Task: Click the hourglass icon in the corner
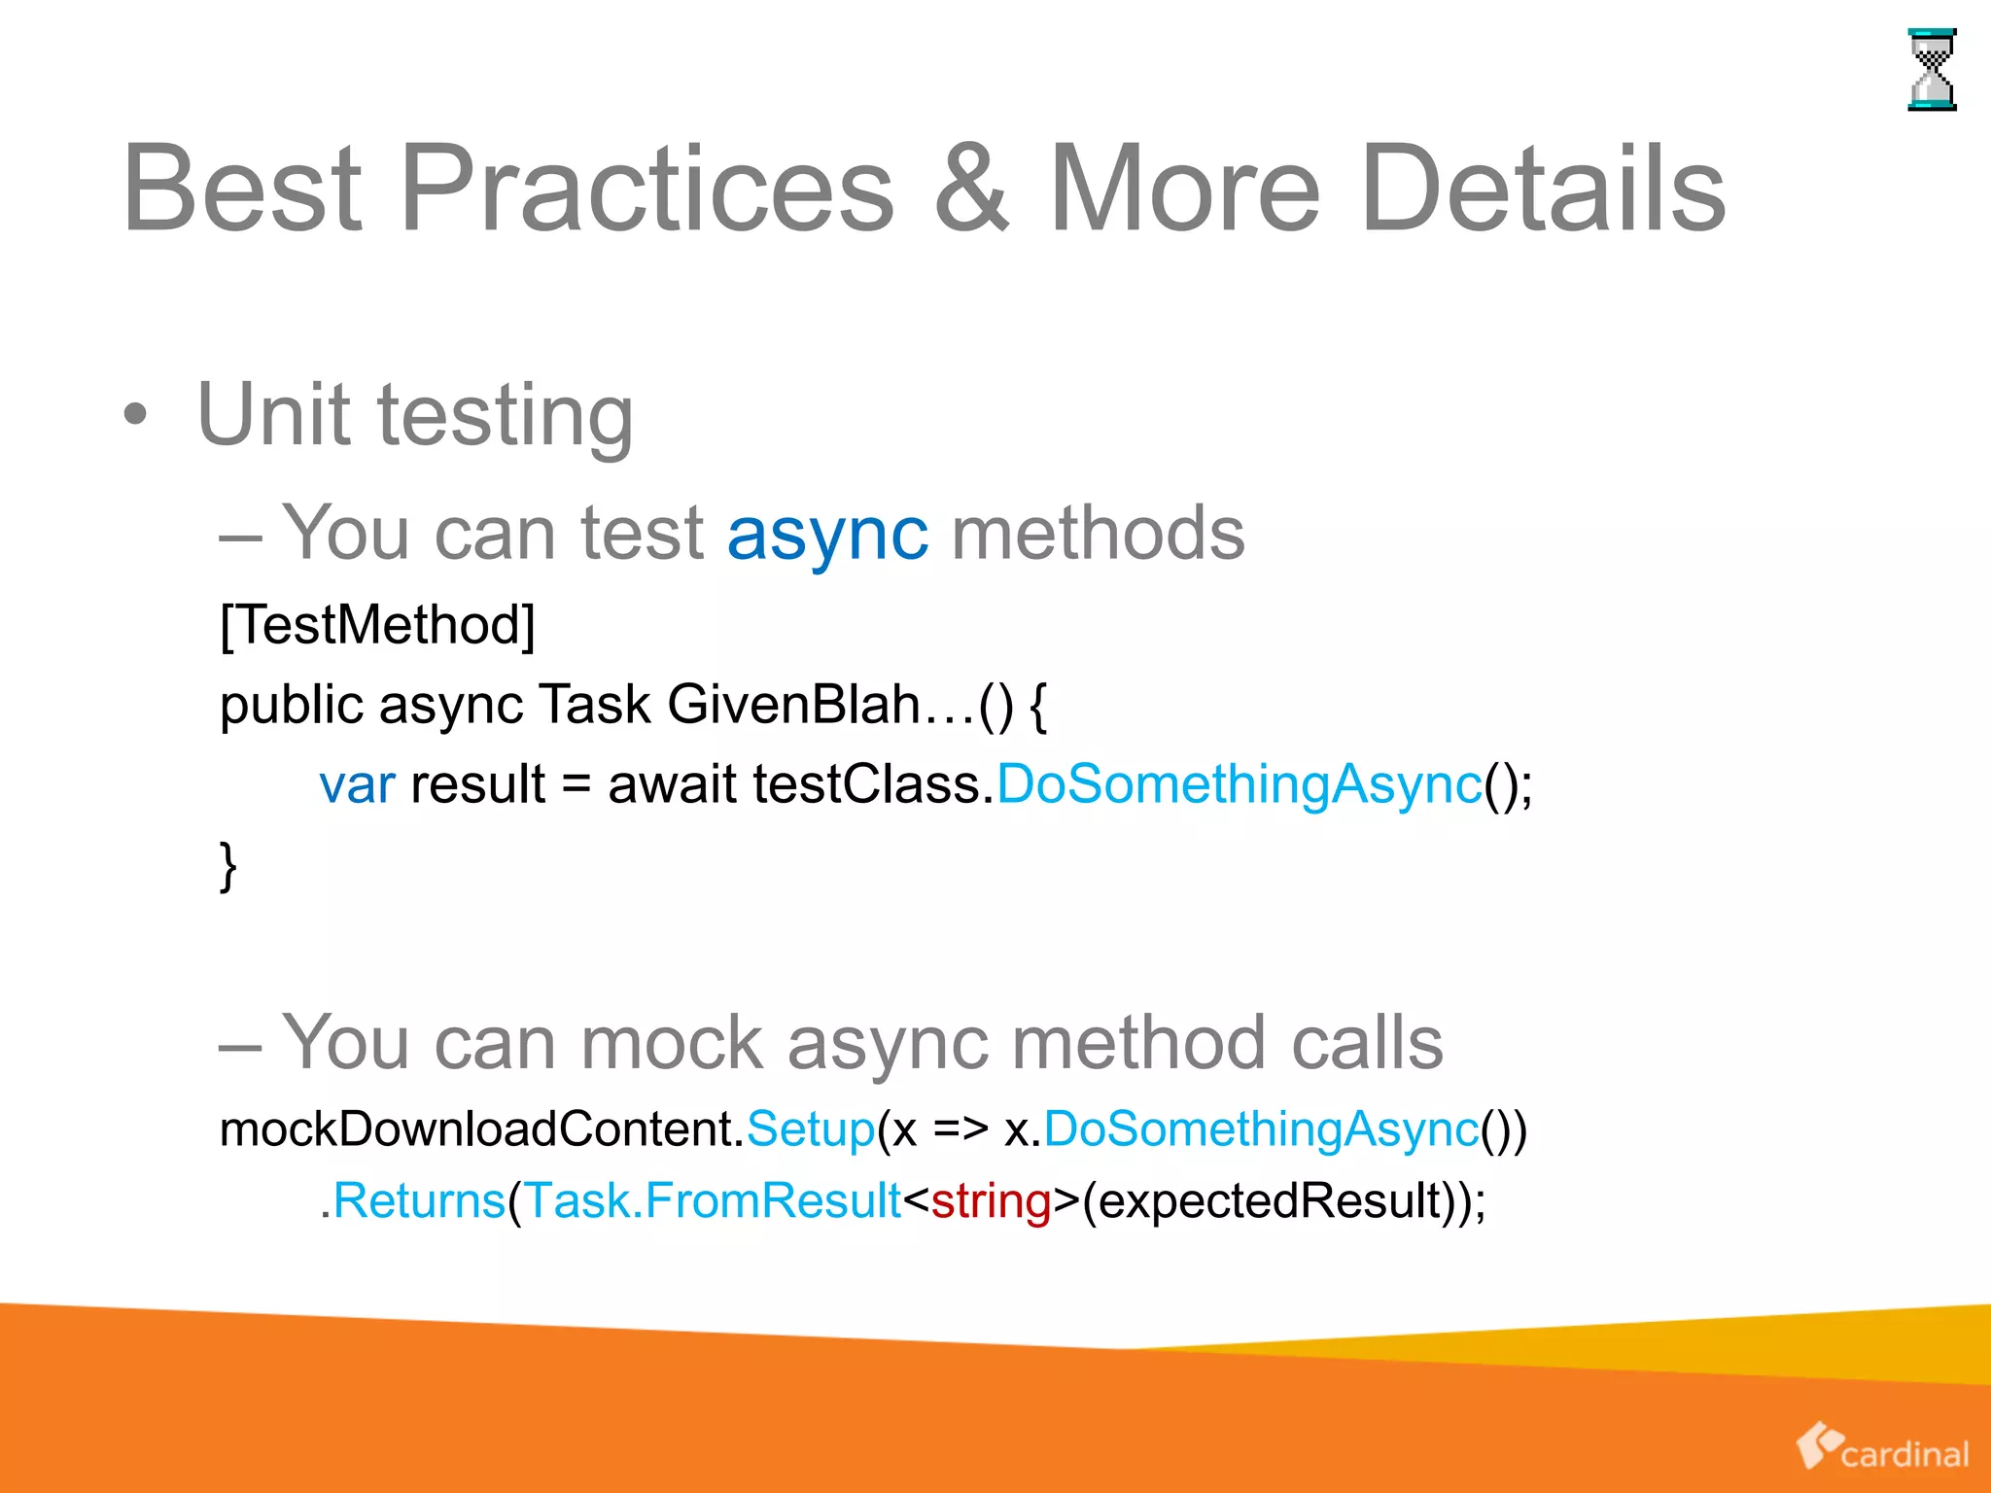coord(1931,70)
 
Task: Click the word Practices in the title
coord(646,189)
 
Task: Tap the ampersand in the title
coord(971,189)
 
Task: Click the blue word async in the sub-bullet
coord(827,535)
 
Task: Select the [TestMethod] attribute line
coord(377,625)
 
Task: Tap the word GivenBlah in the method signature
coord(793,705)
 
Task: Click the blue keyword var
coord(357,785)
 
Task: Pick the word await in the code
coord(672,785)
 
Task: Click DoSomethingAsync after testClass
coord(1239,785)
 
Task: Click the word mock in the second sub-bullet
coord(671,1043)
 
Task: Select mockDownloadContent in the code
coord(480,1129)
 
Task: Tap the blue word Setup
coord(810,1129)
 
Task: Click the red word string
coord(991,1201)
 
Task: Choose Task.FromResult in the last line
coord(713,1201)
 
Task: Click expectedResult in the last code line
coord(1269,1201)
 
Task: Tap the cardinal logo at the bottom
coord(1882,1448)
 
